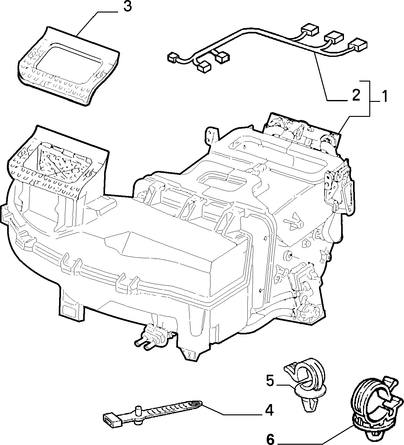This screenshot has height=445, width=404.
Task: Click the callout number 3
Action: tap(127, 7)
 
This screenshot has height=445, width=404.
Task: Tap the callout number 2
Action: tap(356, 96)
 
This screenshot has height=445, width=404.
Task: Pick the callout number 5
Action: tap(270, 381)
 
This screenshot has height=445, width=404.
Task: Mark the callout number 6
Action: tap(270, 439)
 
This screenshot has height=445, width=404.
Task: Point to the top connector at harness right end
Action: tap(310, 30)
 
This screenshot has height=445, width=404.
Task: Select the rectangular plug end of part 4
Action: tap(112, 419)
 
